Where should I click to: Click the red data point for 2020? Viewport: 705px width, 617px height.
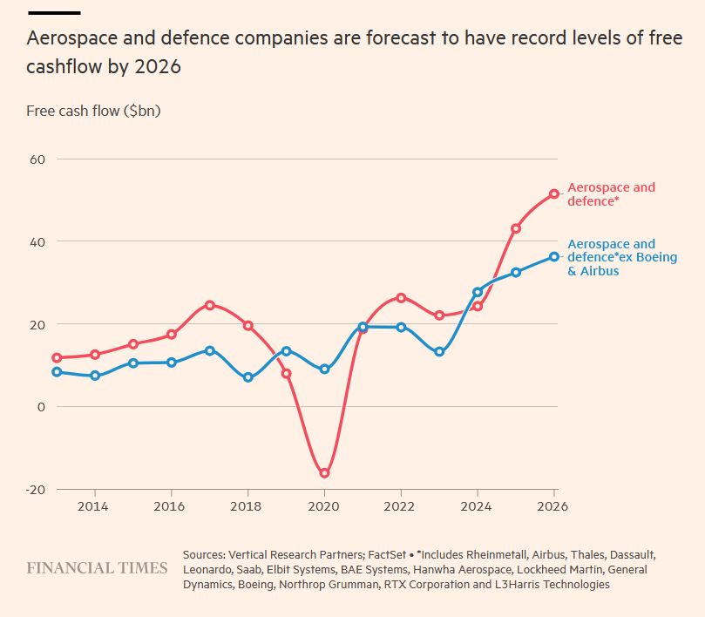(x=324, y=473)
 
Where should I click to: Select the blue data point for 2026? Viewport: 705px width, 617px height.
(x=554, y=256)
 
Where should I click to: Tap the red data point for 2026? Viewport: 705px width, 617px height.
(x=554, y=193)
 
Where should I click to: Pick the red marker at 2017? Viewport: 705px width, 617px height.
(x=210, y=305)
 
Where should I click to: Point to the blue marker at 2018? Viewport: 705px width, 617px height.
(x=248, y=377)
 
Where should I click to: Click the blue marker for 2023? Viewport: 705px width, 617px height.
(x=439, y=352)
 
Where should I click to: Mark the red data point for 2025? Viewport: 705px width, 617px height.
(x=516, y=228)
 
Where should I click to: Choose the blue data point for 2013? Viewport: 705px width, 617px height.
(x=57, y=372)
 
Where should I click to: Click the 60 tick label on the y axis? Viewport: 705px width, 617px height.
(x=37, y=159)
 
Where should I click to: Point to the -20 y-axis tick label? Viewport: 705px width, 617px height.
(x=35, y=489)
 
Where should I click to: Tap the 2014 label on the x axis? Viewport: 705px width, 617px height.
(x=95, y=505)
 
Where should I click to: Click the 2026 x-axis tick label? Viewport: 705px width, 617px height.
(x=554, y=505)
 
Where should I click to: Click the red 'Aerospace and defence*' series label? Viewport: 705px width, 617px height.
(x=611, y=194)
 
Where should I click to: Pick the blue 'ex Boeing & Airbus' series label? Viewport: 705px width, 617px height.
(x=611, y=258)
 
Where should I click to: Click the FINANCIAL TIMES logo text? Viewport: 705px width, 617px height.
(x=97, y=568)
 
